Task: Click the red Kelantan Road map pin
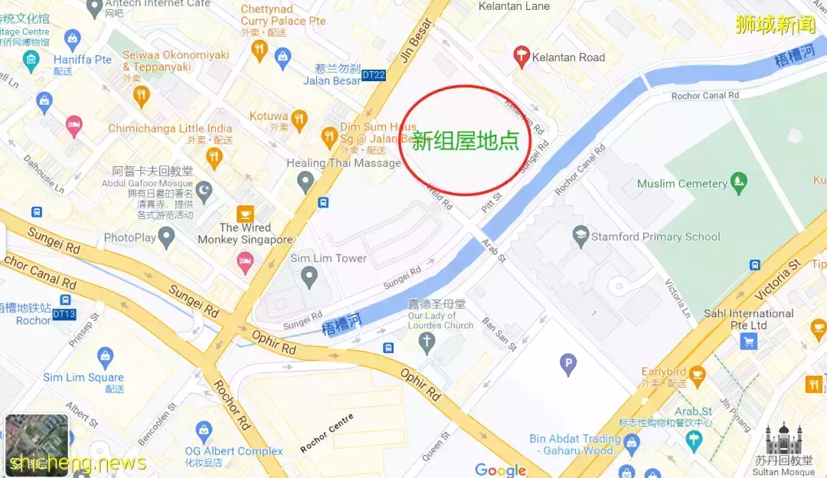click(522, 56)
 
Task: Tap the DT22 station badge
click(373, 75)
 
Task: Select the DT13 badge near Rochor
click(64, 314)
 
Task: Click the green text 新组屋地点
click(465, 141)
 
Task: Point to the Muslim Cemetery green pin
click(738, 182)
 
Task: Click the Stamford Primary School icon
click(580, 234)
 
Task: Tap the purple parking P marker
click(567, 365)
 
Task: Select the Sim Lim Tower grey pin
click(309, 277)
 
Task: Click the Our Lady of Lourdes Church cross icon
click(427, 342)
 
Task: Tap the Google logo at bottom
click(500, 470)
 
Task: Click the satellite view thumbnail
click(36, 444)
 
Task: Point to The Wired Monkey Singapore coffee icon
click(245, 213)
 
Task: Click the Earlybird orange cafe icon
click(696, 373)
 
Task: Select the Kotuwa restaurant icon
click(299, 118)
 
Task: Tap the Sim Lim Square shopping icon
click(105, 356)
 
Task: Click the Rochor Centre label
click(327, 433)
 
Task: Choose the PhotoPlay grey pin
click(167, 237)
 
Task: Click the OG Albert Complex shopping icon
click(203, 431)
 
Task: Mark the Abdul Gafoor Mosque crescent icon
click(204, 189)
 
